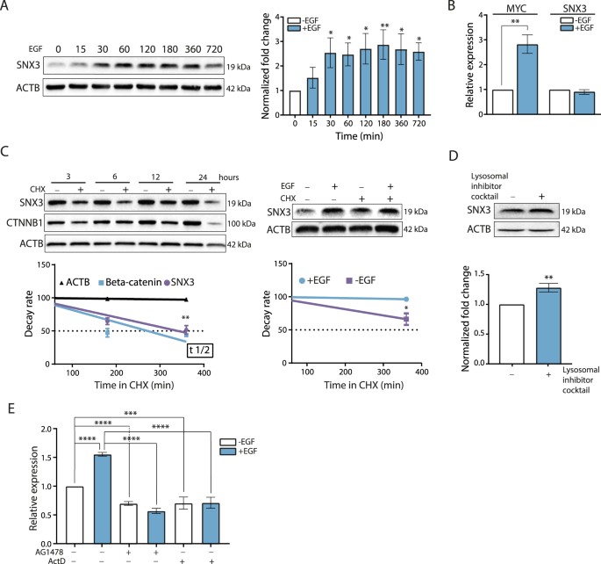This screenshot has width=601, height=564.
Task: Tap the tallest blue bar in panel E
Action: click(102, 492)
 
